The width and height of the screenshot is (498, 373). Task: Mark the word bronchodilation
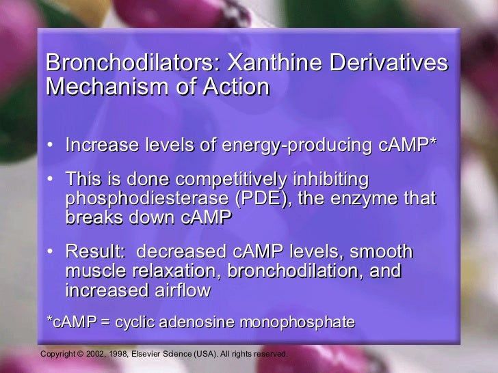click(x=295, y=271)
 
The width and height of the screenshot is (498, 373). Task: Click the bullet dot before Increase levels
click(x=53, y=146)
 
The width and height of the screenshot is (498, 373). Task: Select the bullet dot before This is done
click(x=53, y=180)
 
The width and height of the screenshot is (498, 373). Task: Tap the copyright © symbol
click(x=80, y=355)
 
